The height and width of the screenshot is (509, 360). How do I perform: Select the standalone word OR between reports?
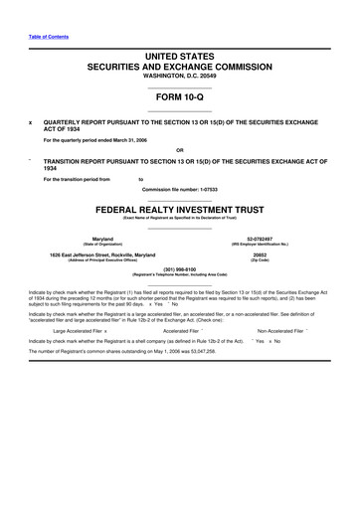tap(180, 153)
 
